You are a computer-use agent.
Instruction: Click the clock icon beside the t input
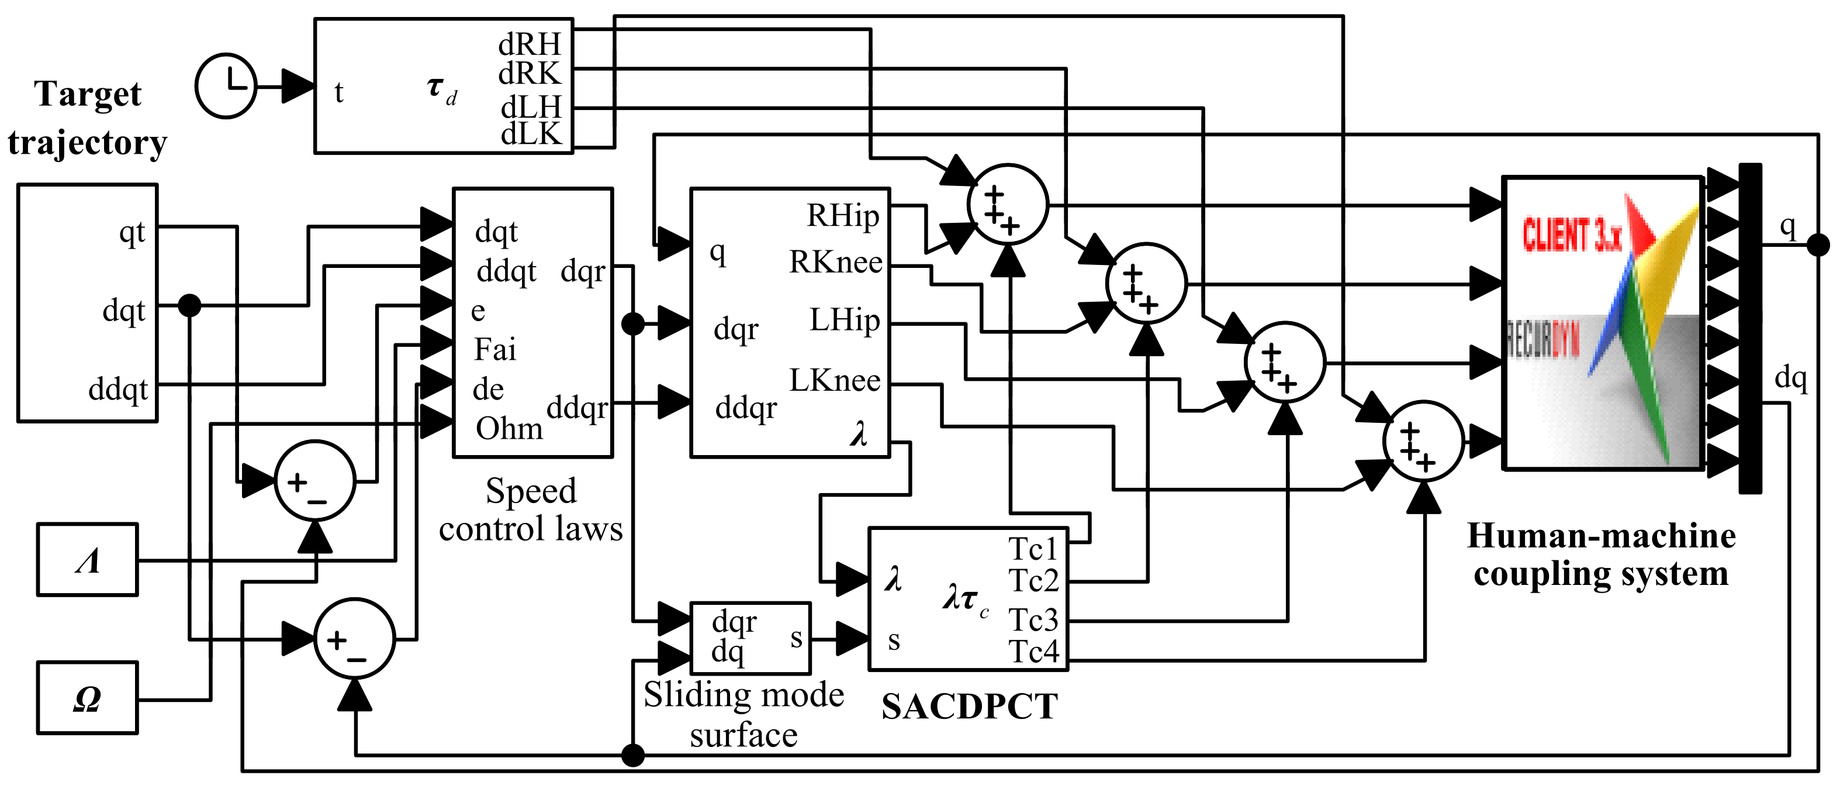pos(226,86)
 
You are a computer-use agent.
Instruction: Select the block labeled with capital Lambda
pos(88,560)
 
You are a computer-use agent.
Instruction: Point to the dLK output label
pos(531,134)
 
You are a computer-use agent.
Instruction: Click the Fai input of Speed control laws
pos(494,350)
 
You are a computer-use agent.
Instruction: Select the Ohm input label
pos(509,429)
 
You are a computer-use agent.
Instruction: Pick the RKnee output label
pos(835,263)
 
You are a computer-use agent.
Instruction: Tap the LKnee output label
pos(835,381)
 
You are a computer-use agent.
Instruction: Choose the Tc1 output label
pos(1033,549)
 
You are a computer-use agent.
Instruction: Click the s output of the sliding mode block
pos(796,638)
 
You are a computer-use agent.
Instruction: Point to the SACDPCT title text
pos(970,707)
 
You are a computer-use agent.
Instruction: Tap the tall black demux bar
pos(1750,329)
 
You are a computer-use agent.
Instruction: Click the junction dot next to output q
pos(1818,245)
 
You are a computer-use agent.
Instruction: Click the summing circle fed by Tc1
pos(1008,205)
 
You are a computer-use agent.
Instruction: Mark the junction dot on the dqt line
pos(189,305)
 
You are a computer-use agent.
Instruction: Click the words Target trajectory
pos(88,118)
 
